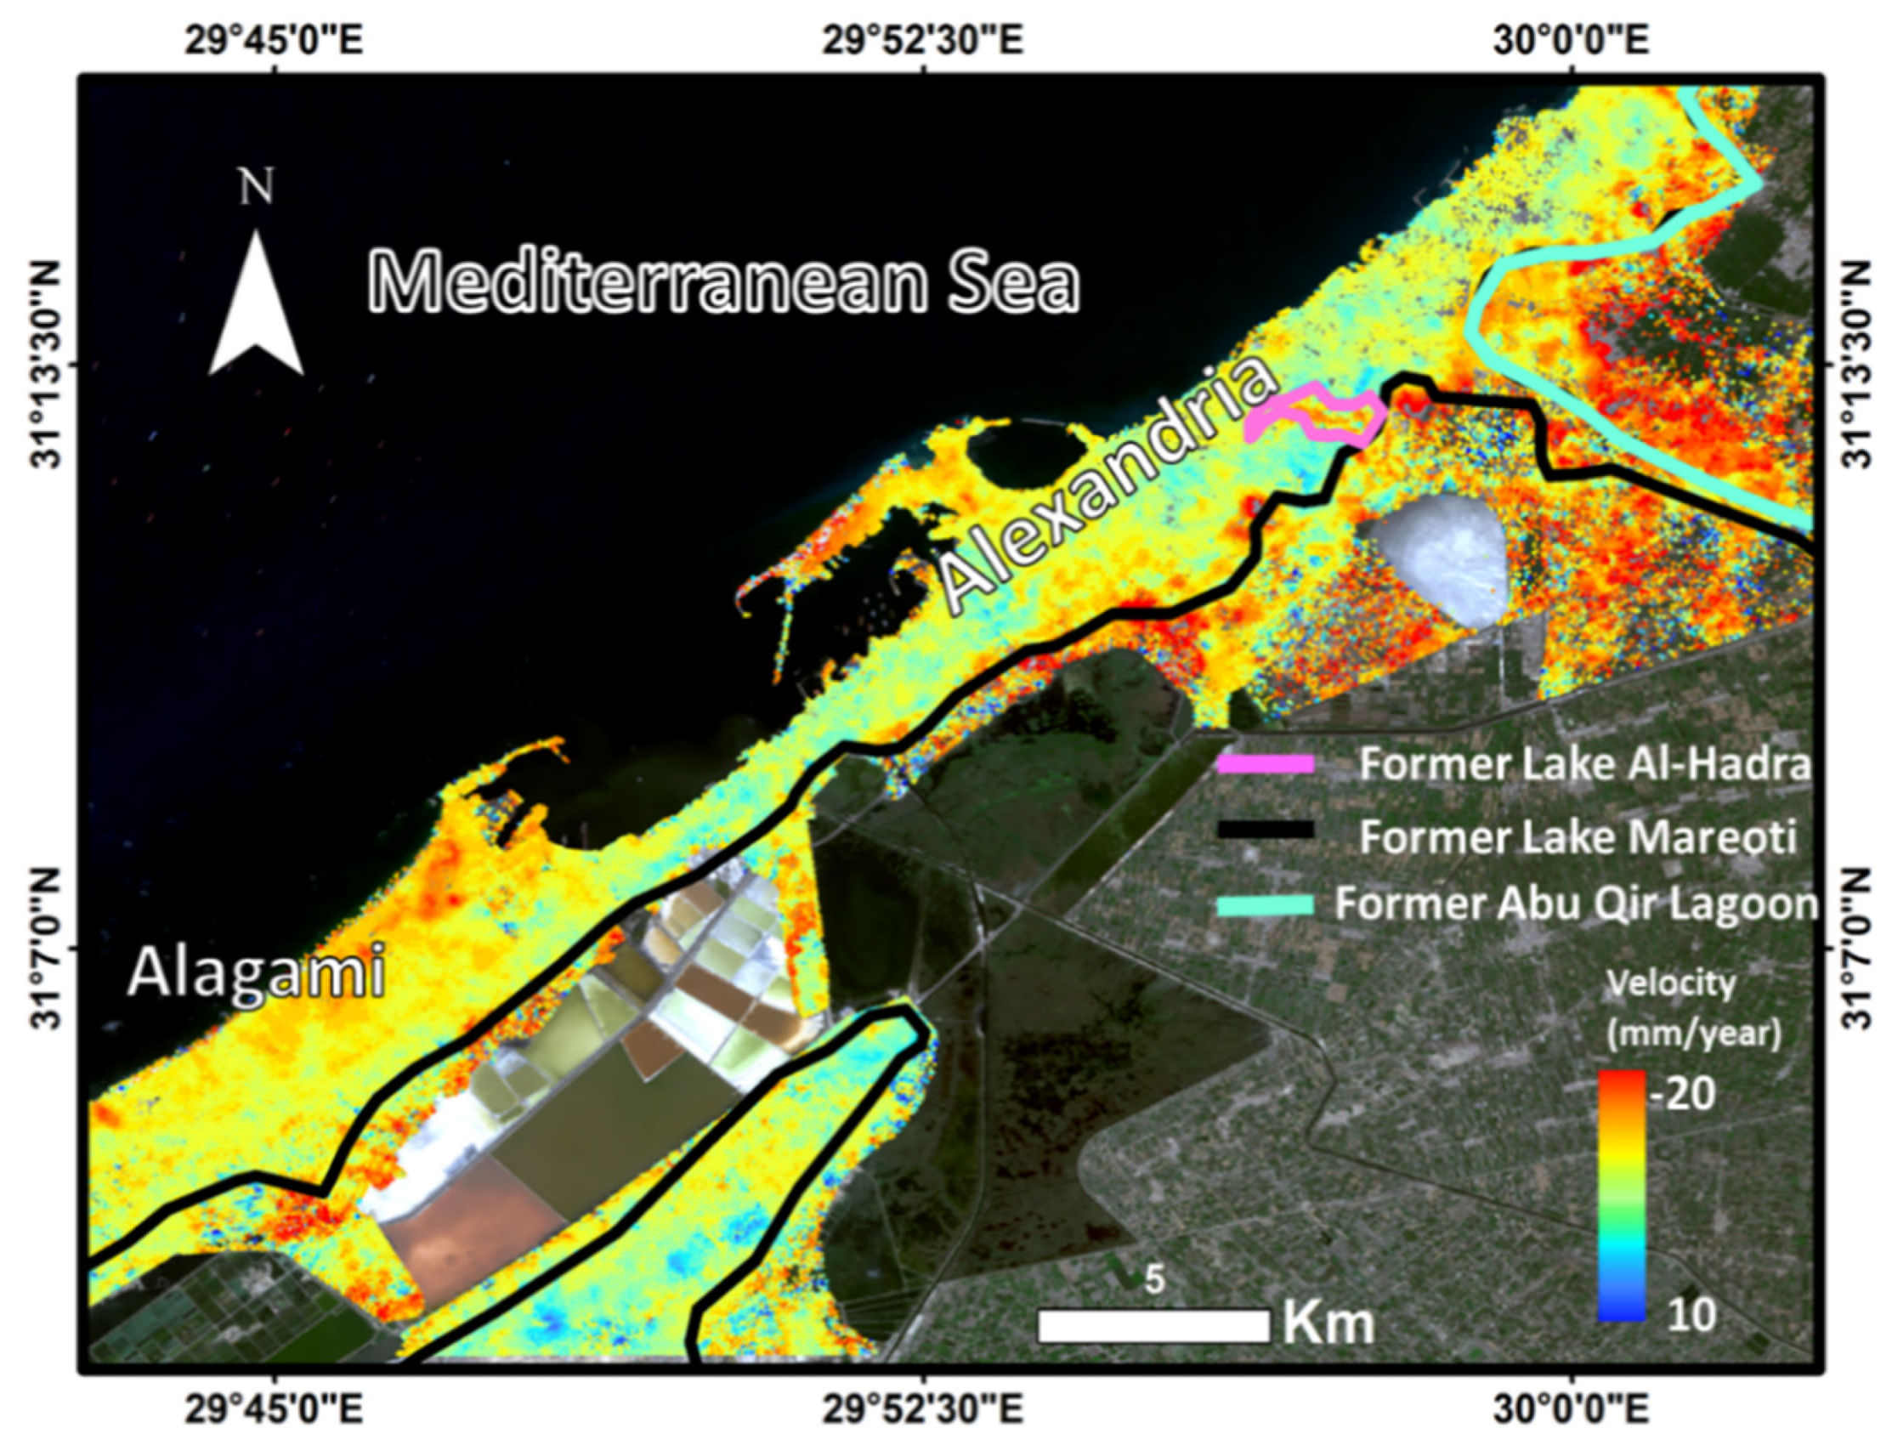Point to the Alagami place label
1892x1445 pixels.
pos(256,973)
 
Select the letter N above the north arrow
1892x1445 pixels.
pos(257,187)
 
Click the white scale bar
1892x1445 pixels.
pos(1153,1325)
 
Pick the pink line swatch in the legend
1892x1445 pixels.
pos(1265,764)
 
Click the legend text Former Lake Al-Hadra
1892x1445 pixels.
pos(1584,764)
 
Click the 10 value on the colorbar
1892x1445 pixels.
pos(1690,1314)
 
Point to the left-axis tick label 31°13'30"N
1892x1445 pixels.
pos(48,365)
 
